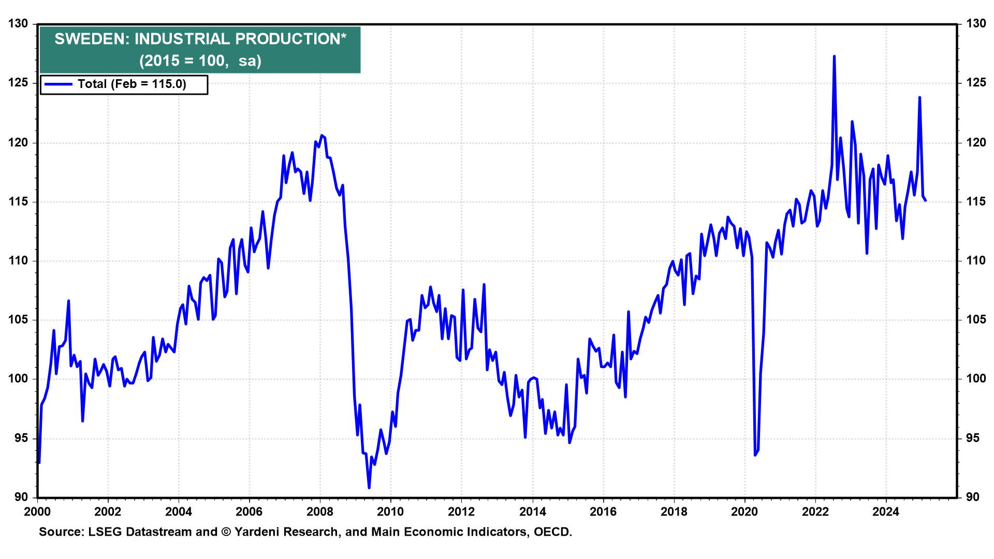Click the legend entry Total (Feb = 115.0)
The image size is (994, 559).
[x=131, y=84]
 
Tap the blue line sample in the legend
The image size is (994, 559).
[x=58, y=84]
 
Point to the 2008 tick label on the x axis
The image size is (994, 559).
[x=319, y=512]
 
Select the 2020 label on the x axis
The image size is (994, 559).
[x=744, y=512]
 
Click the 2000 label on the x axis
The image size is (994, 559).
[x=37, y=512]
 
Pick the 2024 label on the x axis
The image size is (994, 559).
[x=885, y=512]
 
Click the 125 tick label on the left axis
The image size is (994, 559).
[x=18, y=83]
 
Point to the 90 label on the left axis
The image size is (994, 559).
[x=21, y=497]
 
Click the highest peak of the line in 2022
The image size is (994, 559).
[x=834, y=56]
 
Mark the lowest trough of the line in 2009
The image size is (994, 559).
[x=369, y=488]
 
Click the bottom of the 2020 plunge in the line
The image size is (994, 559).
[x=755, y=455]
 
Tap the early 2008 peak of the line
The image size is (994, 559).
[x=321, y=136]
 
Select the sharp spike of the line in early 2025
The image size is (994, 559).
[x=919, y=97]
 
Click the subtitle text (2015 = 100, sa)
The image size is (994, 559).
[x=200, y=61]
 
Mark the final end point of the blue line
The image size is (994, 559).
[x=926, y=201]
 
